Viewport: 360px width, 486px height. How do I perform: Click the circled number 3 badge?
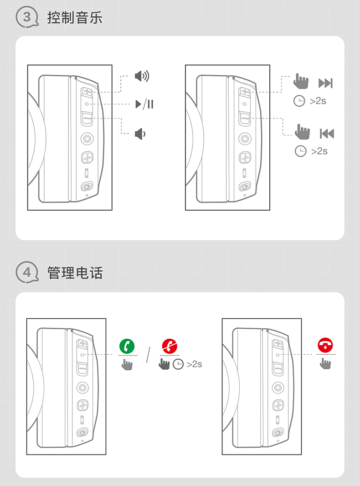point(27,17)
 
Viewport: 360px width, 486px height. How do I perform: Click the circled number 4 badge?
point(27,272)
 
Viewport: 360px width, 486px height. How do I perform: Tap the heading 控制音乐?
point(75,18)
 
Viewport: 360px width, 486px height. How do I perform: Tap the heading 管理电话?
point(75,273)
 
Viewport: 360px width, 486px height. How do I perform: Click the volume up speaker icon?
point(142,76)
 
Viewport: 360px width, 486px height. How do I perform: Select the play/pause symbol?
point(144,104)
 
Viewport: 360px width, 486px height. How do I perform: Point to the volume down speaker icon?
point(140,134)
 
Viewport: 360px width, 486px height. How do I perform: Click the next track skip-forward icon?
point(325,83)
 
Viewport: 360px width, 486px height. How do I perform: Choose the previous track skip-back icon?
point(327,134)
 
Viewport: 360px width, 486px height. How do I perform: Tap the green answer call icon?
point(127,346)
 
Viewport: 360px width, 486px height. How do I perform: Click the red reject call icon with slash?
point(170,346)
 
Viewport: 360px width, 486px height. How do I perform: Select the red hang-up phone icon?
point(325,345)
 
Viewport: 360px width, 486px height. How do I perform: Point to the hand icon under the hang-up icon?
point(325,363)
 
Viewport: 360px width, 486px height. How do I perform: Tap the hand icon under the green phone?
point(127,365)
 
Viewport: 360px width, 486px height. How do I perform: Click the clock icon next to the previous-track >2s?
point(300,151)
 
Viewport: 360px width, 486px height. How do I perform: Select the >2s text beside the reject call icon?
point(194,364)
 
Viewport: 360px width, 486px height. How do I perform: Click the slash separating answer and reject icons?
point(149,355)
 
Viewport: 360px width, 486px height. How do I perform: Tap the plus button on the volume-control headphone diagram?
point(87,92)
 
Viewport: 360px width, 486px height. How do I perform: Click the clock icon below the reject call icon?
point(178,364)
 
